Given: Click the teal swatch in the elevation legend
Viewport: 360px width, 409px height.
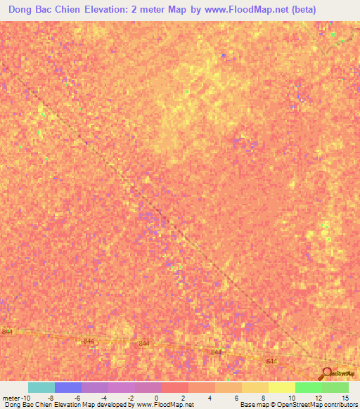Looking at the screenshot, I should [41, 387].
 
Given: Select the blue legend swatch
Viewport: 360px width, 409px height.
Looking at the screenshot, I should [68, 387].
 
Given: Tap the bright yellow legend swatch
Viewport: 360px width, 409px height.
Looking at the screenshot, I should [282, 387].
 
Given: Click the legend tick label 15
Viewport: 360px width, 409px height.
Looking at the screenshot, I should [345, 397].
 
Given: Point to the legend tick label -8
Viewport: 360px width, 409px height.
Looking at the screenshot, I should [50, 397].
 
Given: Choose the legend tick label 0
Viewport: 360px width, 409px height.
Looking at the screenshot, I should [156, 397].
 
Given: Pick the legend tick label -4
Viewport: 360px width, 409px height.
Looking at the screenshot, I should [103, 397].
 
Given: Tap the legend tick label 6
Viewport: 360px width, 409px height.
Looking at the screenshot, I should [236, 397].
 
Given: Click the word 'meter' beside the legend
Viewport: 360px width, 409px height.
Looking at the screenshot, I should [11, 397].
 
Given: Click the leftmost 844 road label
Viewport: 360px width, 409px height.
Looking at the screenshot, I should [8, 332].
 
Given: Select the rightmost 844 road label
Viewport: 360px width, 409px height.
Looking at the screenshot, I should [271, 361].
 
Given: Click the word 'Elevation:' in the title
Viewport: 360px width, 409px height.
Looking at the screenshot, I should [103, 10].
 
